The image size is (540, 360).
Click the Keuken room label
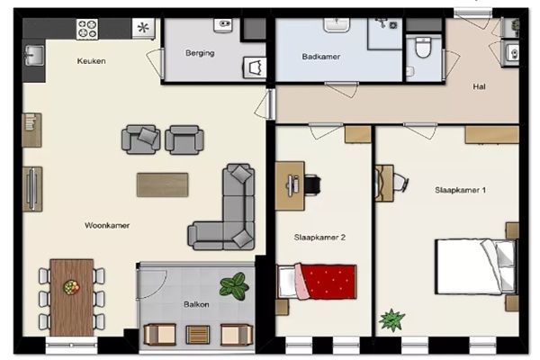[x=91, y=61]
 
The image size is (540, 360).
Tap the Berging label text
[x=200, y=53]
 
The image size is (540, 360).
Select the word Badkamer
[x=321, y=57]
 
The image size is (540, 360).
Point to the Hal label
[x=479, y=86]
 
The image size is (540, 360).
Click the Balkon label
[x=196, y=304]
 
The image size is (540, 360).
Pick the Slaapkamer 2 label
[x=319, y=238]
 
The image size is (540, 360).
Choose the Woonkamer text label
[x=107, y=226]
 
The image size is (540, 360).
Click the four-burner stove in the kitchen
[x=87, y=29]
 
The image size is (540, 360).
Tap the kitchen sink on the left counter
[x=34, y=56]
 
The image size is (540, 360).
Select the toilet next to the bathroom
[x=423, y=48]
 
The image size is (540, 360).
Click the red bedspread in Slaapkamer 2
[x=328, y=282]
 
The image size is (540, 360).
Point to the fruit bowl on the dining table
[x=71, y=287]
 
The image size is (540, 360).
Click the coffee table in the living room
[x=163, y=185]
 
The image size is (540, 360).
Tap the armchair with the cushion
[x=141, y=139]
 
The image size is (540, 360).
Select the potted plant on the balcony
[x=235, y=286]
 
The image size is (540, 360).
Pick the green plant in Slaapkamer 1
[x=391, y=320]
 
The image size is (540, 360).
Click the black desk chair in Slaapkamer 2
[x=312, y=184]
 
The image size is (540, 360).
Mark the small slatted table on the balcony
[x=198, y=335]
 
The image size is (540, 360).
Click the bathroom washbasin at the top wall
[x=337, y=25]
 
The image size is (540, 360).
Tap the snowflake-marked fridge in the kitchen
[x=143, y=28]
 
